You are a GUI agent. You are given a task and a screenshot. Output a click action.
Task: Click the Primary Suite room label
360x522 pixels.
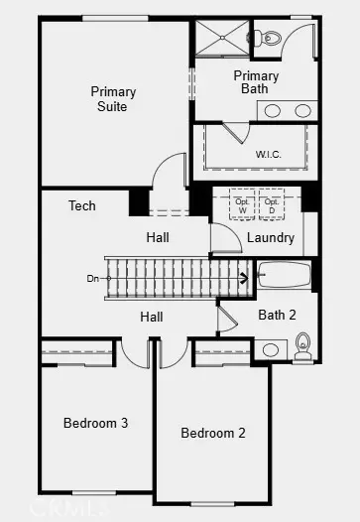(113, 99)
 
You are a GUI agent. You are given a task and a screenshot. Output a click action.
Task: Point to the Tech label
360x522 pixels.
(82, 206)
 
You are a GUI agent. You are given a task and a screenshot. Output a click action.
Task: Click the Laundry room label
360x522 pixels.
(270, 238)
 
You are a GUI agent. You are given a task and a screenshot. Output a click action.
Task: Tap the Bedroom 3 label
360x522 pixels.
(95, 423)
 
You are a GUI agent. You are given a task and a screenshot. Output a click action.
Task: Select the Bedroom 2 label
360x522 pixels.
(213, 433)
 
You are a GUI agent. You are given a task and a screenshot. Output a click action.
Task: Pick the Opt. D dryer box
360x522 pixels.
(272, 205)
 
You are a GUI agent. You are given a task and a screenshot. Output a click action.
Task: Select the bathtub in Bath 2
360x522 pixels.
(284, 275)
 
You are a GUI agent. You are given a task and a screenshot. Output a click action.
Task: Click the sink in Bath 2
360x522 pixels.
(271, 349)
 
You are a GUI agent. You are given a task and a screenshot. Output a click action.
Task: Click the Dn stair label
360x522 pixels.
(93, 279)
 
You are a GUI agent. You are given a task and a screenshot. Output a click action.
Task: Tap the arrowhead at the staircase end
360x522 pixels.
(243, 278)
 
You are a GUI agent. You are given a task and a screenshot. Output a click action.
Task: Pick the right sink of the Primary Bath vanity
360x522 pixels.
(299, 111)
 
